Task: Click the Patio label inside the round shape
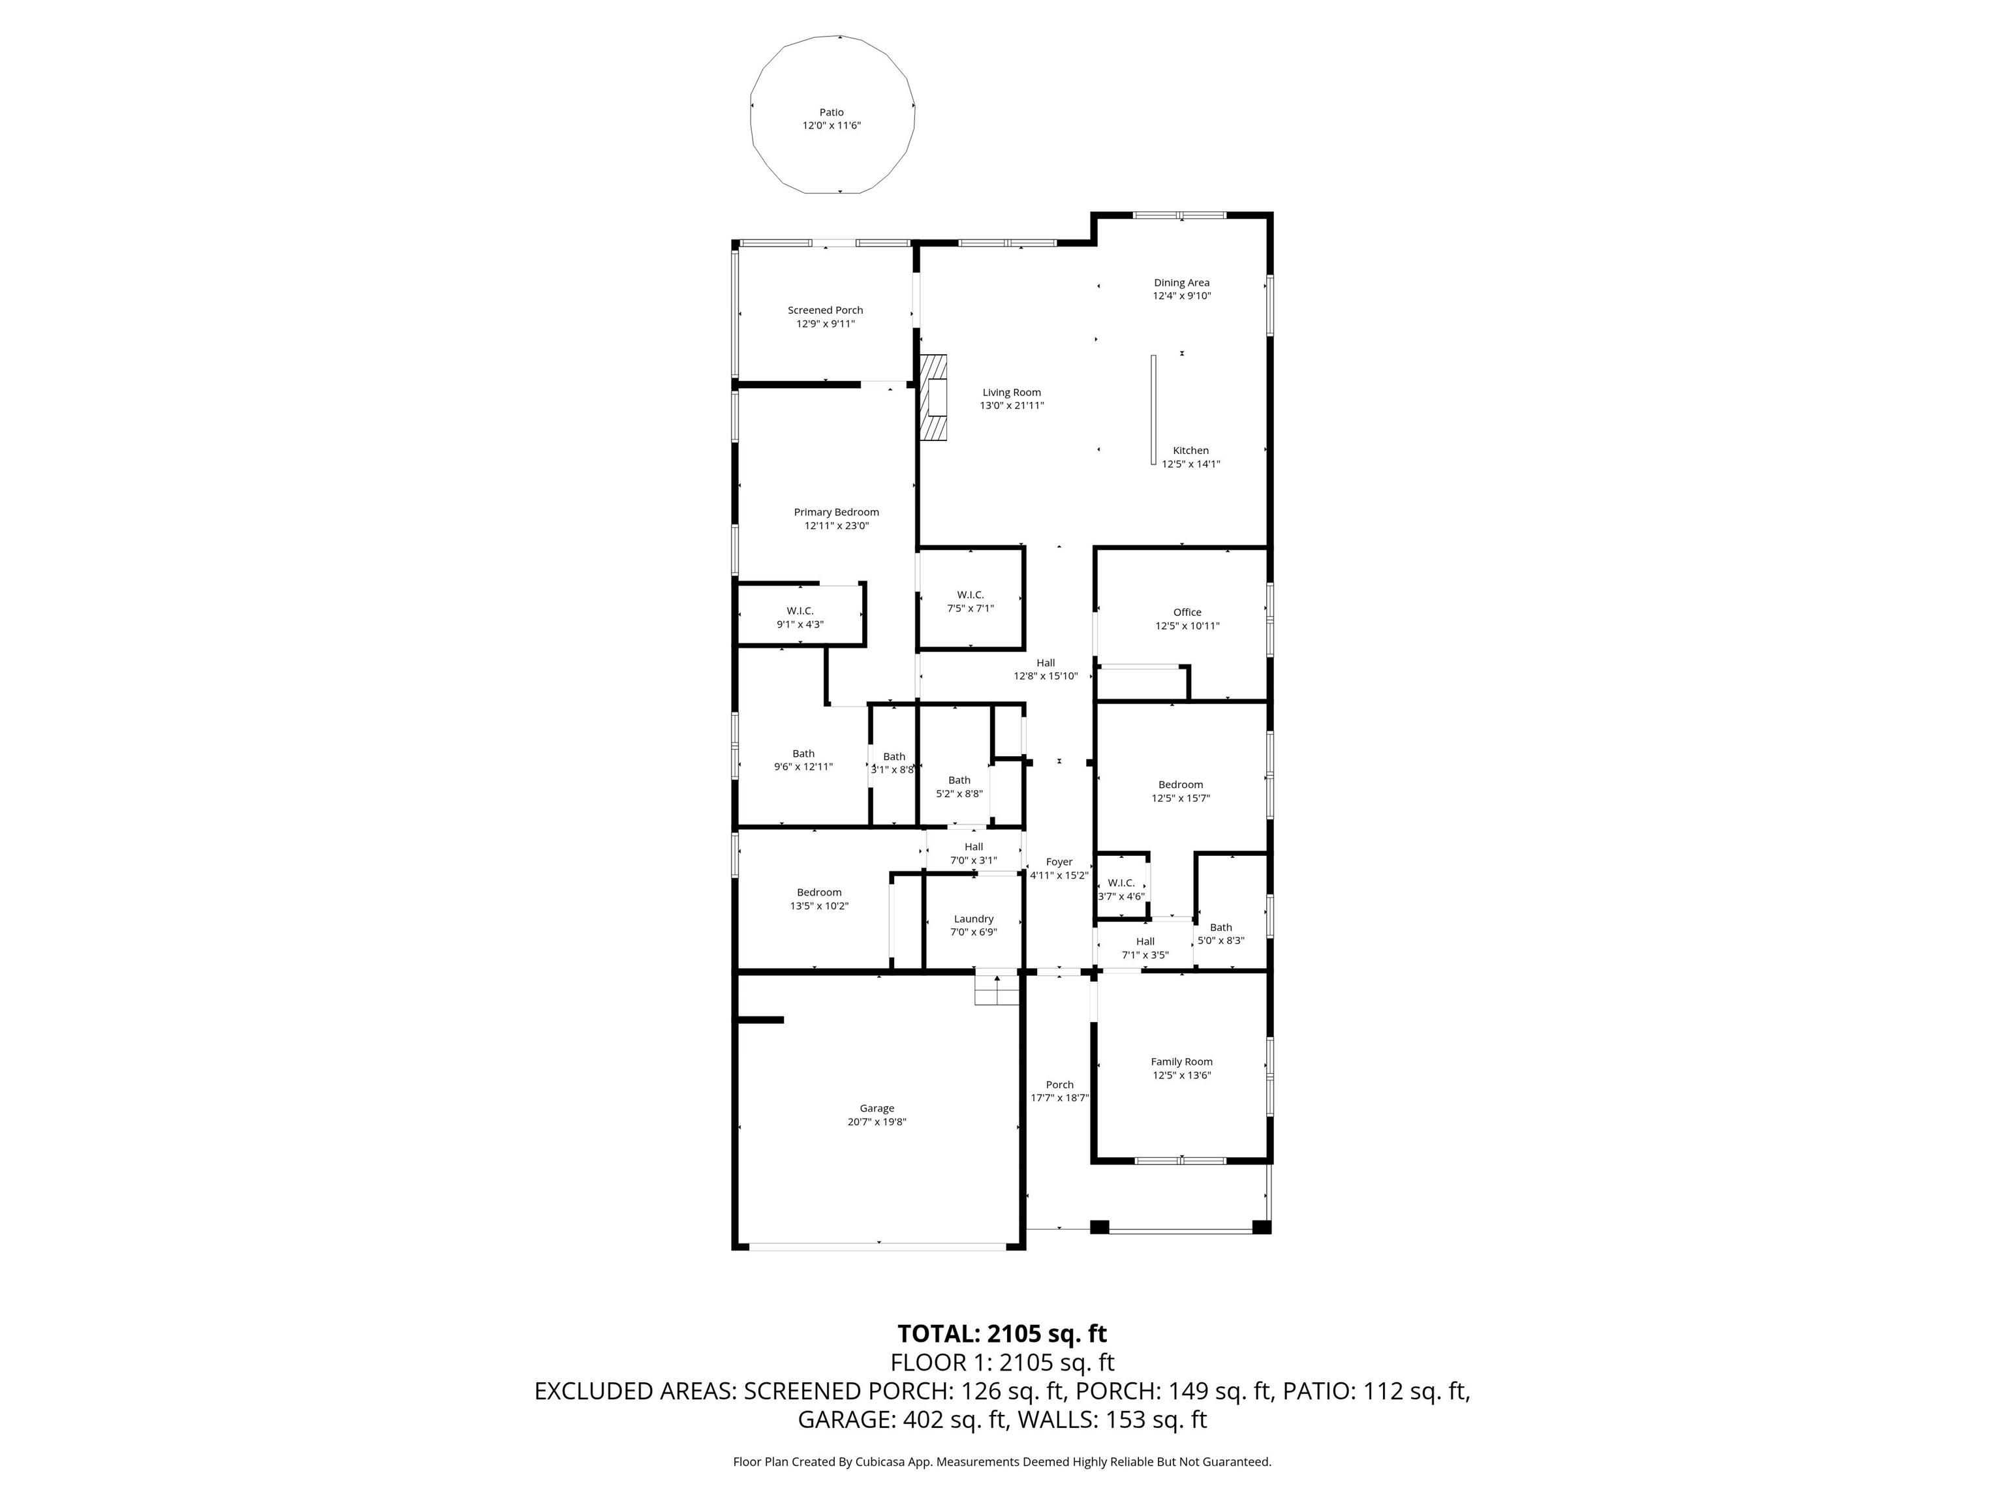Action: pos(832,112)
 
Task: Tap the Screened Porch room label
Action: pos(825,310)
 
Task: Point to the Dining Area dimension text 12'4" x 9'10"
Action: pos(1182,296)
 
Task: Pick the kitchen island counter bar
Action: pos(1154,410)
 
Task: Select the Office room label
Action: pos(1187,613)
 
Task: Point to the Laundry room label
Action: pos(974,918)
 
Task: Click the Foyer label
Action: pos(1059,862)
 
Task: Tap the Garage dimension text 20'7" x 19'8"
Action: pos(877,1121)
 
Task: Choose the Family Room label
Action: pos(1182,1062)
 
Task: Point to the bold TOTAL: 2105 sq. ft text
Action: pos(1002,1333)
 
